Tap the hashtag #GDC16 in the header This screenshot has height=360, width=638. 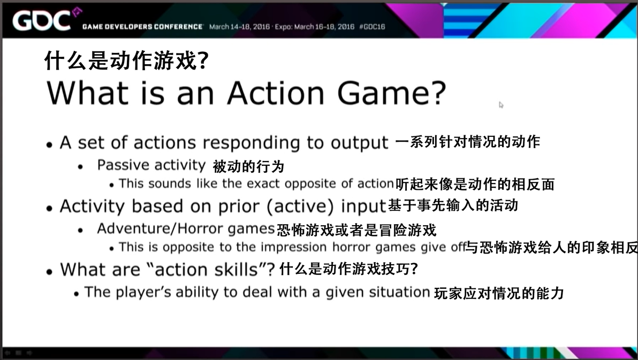(372, 26)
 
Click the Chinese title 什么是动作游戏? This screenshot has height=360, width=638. (126, 61)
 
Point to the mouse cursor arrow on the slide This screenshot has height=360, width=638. (501, 105)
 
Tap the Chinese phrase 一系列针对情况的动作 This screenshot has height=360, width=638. (467, 142)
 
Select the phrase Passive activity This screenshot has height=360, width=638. (151, 165)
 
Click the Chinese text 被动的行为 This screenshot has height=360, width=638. (248, 166)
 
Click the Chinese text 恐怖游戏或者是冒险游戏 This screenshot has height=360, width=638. (356, 230)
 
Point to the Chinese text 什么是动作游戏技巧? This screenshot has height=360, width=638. (348, 269)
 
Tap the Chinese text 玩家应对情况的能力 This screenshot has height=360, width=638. (498, 293)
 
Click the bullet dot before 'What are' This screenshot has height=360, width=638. (49, 271)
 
